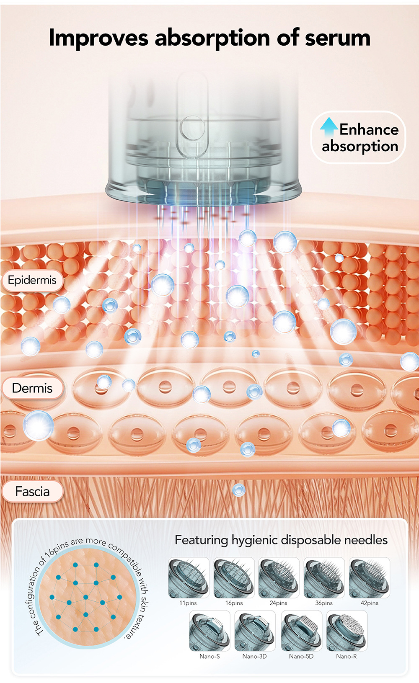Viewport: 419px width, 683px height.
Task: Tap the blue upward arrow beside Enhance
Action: [x=329, y=126]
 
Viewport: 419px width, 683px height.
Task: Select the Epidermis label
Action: [x=32, y=280]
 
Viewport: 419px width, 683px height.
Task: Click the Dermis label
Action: [x=32, y=388]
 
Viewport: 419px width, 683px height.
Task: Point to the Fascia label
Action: [x=32, y=491]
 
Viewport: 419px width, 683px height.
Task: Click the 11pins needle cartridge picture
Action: [x=188, y=578]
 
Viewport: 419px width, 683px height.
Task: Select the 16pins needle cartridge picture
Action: [x=234, y=578]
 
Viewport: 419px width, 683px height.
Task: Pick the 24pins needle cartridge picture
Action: [x=279, y=578]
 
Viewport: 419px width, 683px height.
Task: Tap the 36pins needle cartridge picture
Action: [x=324, y=578]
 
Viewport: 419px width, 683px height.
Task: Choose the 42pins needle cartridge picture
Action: [x=369, y=578]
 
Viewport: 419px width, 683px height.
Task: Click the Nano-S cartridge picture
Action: [x=209, y=631]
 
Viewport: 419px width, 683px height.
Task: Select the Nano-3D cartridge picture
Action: [x=255, y=631]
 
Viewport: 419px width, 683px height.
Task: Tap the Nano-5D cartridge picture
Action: [x=301, y=631]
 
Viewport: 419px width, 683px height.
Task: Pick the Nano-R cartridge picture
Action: [x=347, y=631]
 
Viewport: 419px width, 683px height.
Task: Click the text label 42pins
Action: [x=369, y=603]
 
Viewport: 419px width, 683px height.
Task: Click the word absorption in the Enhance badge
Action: [x=360, y=146]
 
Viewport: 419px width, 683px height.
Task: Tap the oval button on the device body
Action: [x=192, y=128]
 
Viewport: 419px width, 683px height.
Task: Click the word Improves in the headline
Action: [x=98, y=38]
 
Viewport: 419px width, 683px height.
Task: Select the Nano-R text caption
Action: [x=347, y=656]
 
